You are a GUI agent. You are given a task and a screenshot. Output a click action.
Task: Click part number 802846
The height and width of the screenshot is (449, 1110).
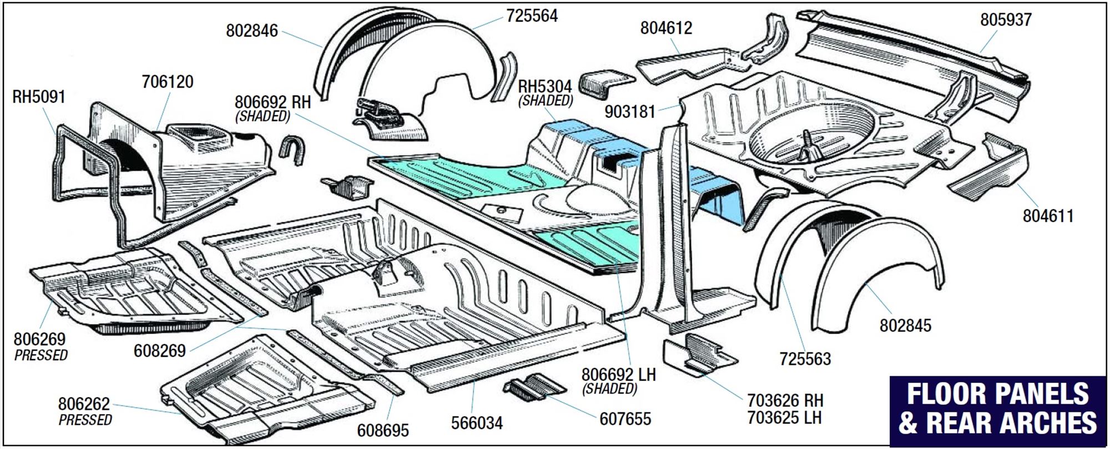click(251, 31)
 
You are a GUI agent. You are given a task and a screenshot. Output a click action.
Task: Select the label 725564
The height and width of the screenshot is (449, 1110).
click(531, 16)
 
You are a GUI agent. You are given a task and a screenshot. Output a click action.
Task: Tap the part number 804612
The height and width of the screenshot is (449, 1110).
click(666, 28)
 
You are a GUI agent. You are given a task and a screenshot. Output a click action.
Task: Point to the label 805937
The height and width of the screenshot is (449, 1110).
click(1005, 20)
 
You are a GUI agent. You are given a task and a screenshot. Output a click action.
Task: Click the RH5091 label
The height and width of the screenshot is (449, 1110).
click(39, 97)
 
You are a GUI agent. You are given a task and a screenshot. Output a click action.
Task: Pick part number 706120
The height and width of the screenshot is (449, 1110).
click(167, 82)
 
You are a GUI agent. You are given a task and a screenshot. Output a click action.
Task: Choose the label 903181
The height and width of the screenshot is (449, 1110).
click(630, 112)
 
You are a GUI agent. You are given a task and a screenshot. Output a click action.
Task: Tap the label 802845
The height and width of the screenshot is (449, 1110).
click(905, 325)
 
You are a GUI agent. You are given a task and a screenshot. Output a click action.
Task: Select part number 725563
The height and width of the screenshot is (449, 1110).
click(805, 359)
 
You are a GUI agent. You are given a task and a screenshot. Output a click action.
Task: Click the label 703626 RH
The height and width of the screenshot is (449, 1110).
click(785, 400)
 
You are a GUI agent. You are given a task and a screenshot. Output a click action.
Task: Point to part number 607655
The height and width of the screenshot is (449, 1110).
click(625, 418)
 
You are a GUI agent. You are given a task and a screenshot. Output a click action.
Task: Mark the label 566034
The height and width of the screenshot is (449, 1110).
click(477, 423)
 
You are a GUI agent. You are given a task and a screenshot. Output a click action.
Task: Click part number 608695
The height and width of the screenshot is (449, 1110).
click(382, 430)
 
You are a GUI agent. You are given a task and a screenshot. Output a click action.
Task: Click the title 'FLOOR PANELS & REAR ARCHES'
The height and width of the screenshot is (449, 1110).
click(997, 408)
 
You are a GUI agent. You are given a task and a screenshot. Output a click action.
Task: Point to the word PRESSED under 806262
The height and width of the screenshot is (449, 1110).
click(85, 420)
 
